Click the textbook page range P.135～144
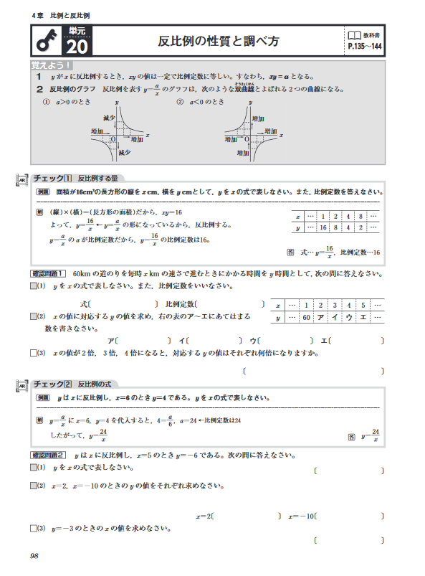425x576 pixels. [363, 47]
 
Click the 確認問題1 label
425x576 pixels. [49, 273]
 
